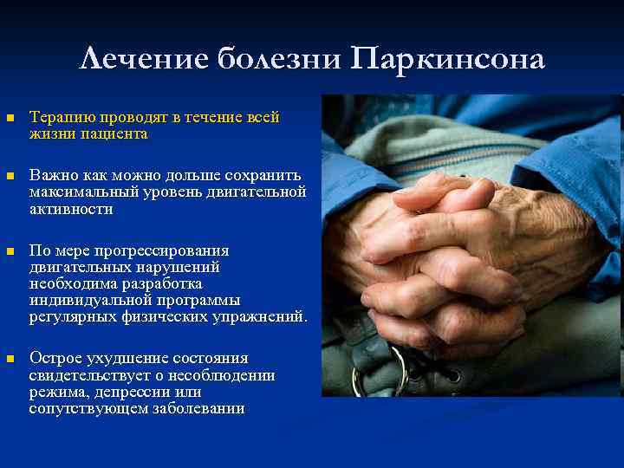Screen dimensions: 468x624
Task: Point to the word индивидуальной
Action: pos(84,300)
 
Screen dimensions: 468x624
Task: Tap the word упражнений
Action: pos(263,316)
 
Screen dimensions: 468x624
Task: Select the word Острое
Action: pos(54,359)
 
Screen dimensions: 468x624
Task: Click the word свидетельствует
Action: pos(84,375)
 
